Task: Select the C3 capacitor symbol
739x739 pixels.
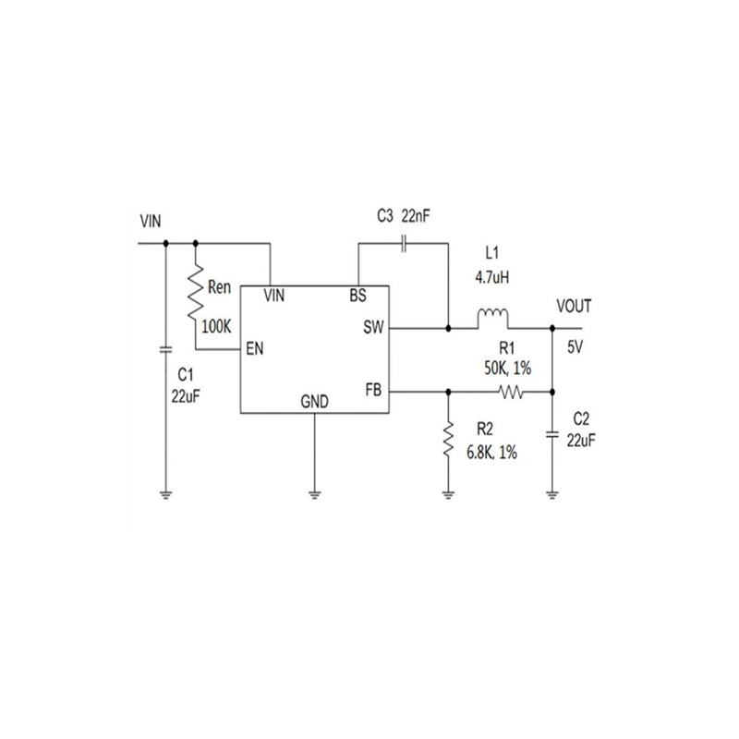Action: [404, 244]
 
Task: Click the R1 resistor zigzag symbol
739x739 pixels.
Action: [511, 393]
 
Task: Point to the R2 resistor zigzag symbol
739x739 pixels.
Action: [448, 442]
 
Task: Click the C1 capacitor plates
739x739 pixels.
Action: [165, 350]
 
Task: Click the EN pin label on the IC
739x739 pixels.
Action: [256, 349]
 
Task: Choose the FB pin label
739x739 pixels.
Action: [374, 390]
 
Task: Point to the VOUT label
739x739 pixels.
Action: [575, 307]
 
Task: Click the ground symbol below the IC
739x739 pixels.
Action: [314, 494]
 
